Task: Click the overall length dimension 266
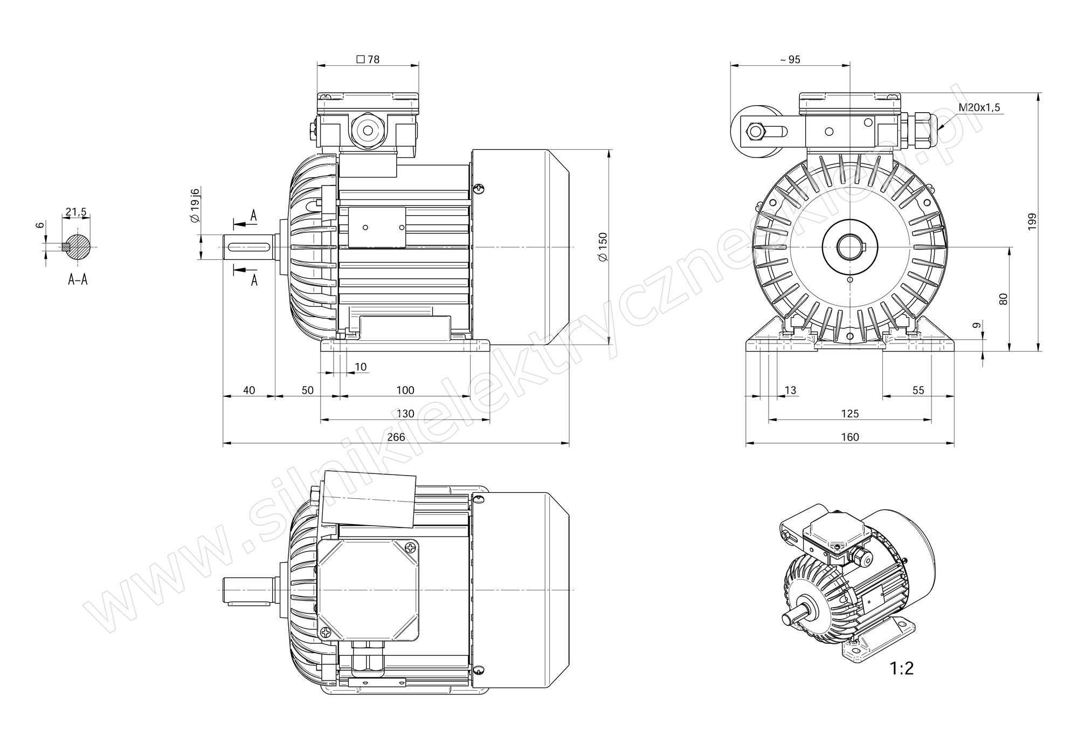coord(396,437)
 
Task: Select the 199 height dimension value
coord(1032,222)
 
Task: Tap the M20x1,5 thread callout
coord(979,107)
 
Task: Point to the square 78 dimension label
coord(368,59)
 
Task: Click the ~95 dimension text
coord(790,60)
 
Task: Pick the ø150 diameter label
coord(603,247)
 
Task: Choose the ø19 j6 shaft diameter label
coord(195,205)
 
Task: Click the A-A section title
coord(78,279)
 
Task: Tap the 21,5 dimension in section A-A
coord(76,212)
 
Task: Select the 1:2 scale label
coord(902,669)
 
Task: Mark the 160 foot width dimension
coord(850,437)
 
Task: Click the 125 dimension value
coord(850,414)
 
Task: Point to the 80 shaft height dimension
coord(1003,299)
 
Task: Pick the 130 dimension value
coord(405,414)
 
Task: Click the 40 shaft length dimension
coord(249,390)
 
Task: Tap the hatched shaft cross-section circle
coord(79,247)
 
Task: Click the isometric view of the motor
coord(858,585)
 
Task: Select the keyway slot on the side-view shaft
coord(249,247)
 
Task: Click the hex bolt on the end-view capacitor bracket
coord(755,131)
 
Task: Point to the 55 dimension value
coord(918,390)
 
